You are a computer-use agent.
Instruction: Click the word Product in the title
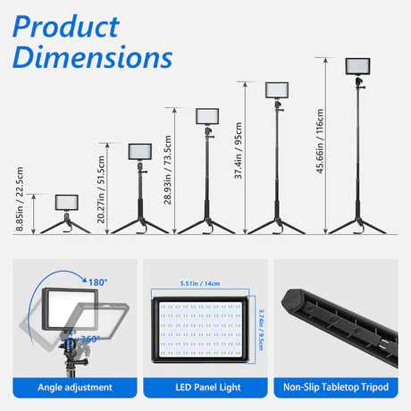coord(66,27)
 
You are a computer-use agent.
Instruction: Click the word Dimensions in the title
coord(93,57)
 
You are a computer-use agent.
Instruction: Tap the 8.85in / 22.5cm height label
coord(20,198)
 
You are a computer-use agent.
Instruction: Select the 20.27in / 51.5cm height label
coord(101,189)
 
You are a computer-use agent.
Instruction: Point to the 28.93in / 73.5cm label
coord(168,170)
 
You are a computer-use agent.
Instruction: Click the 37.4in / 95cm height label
coord(239,150)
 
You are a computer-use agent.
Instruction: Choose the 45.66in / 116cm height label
coord(320,141)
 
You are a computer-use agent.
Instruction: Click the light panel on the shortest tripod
coord(67,203)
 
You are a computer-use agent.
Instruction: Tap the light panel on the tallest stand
coord(357,66)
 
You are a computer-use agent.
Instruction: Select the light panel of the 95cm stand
coord(277,90)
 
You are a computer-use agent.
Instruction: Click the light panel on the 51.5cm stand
coord(140,152)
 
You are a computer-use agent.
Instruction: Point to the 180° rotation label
coord(98,282)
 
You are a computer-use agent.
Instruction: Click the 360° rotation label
coord(90,339)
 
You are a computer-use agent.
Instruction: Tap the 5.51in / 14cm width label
coord(200,283)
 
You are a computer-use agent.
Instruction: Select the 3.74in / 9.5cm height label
coord(261,330)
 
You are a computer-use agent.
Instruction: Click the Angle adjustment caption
coord(75,387)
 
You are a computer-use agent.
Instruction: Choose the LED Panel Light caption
coord(208,387)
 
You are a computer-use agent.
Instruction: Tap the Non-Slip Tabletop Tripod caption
coord(336,387)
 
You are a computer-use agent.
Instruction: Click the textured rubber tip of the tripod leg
coord(292,300)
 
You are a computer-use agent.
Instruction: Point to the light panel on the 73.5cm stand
coord(207,116)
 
